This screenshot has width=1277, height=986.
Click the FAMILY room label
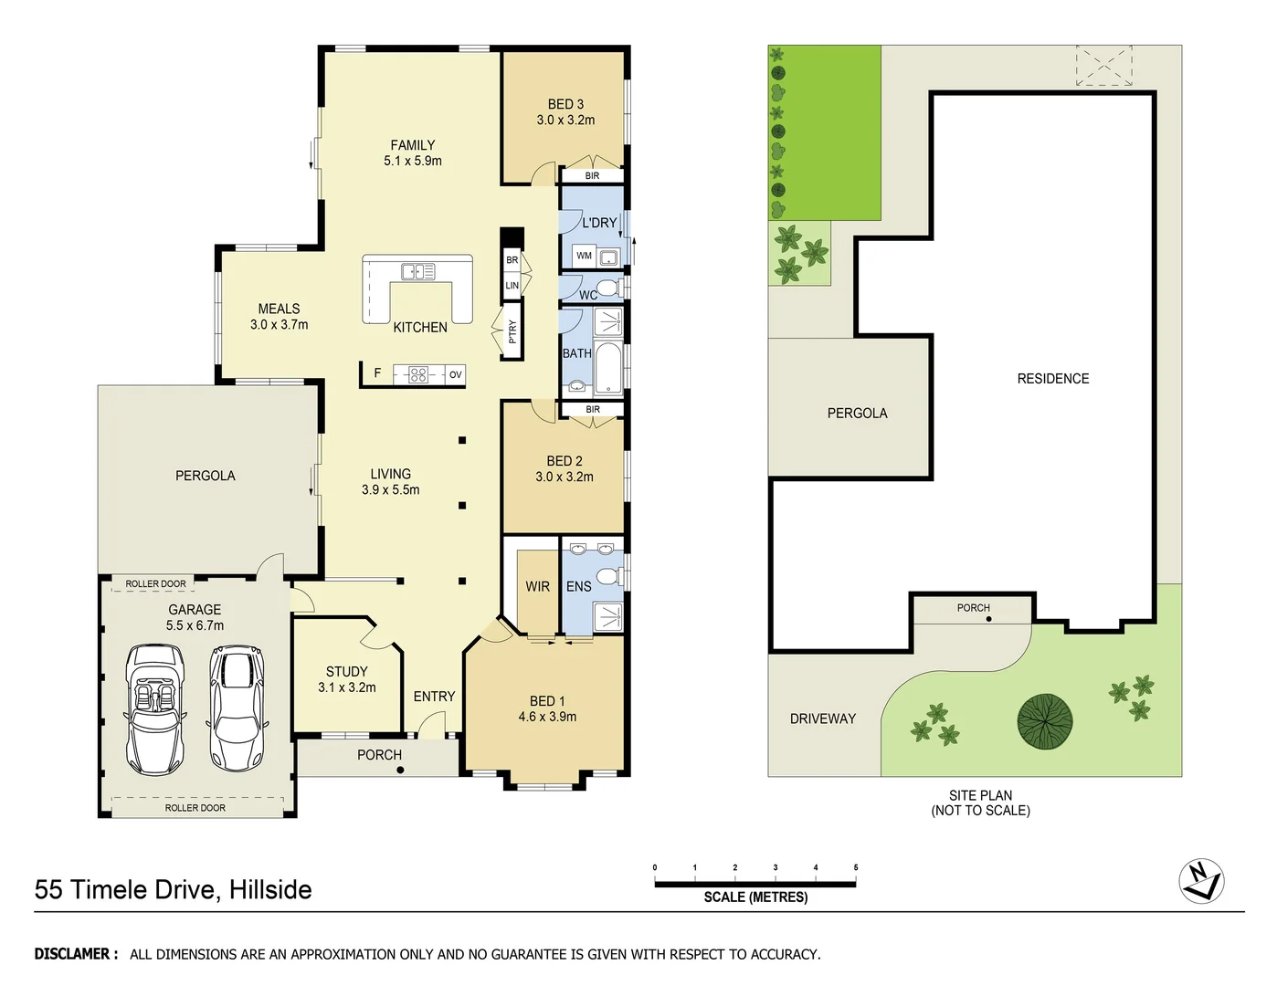click(412, 145)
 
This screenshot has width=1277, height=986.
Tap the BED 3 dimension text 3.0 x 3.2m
click(565, 120)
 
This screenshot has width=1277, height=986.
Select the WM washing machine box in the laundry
click(585, 256)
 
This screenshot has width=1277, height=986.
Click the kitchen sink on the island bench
click(417, 271)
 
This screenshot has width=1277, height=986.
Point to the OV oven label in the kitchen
click(455, 374)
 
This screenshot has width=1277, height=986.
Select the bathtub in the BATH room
click(608, 365)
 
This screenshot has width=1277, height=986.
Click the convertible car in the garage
click(154, 709)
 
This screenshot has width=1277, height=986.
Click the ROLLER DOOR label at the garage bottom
click(195, 808)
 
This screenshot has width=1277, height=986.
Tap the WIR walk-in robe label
click(537, 586)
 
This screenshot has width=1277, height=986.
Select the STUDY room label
click(346, 671)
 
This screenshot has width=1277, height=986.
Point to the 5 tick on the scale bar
click(856, 868)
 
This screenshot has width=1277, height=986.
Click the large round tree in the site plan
click(1044, 721)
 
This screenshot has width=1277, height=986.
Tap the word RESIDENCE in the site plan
click(1052, 378)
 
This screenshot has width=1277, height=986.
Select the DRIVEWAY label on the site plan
click(822, 719)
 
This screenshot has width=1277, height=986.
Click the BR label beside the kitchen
click(512, 260)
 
